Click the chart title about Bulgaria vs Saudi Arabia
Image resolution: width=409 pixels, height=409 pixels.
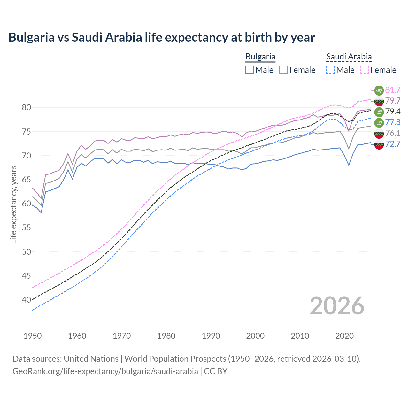click(162, 37)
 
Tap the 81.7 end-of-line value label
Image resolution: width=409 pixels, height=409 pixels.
click(393, 90)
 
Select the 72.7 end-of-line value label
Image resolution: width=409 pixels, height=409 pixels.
click(393, 144)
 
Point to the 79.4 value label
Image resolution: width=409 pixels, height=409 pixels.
click(393, 112)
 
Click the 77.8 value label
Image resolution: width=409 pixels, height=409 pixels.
click(393, 122)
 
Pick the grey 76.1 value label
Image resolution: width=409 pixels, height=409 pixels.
click(393, 133)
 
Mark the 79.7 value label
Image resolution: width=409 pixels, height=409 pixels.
click(393, 101)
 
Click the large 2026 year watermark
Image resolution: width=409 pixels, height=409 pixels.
click(337, 306)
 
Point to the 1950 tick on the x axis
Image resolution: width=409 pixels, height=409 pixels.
click(33, 336)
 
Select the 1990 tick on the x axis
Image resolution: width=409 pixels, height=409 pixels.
click(211, 336)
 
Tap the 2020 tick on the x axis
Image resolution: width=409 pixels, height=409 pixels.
click(344, 336)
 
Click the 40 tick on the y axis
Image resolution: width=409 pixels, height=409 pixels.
click(27, 300)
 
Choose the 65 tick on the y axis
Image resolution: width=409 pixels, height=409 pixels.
click(27, 180)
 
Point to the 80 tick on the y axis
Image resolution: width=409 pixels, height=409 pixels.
click(27, 108)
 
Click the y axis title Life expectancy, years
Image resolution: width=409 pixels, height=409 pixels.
click(13, 204)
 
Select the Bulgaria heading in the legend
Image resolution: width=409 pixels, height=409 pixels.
click(260, 57)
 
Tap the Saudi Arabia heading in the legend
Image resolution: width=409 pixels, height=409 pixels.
click(349, 57)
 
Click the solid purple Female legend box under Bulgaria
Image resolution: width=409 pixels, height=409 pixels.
click(283, 70)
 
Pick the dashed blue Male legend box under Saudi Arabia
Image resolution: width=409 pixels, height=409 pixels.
click(330, 70)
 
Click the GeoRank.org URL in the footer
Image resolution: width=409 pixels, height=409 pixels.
click(105, 371)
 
